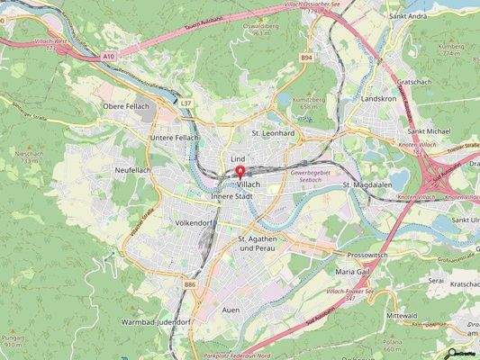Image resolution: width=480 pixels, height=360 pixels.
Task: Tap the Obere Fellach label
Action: tap(125, 108)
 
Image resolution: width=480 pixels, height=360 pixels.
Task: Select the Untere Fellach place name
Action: tap(174, 137)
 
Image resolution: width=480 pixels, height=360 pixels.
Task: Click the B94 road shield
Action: tap(306, 56)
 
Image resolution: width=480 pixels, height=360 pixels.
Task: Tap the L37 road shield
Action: tap(186, 103)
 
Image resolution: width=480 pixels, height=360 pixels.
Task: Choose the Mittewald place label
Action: tap(403, 317)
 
